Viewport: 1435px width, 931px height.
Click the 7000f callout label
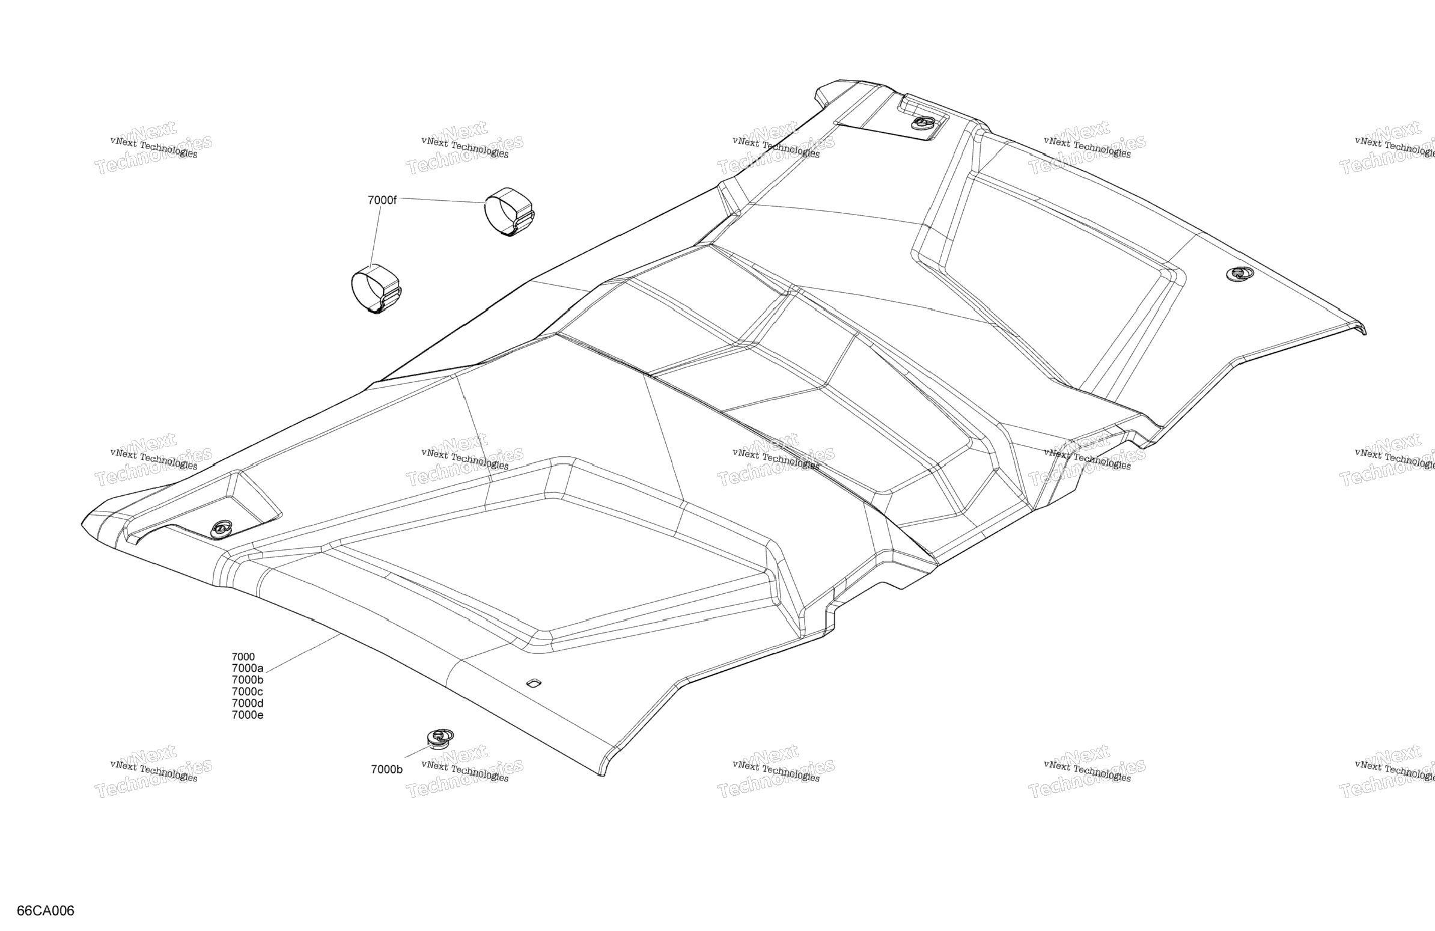tap(382, 200)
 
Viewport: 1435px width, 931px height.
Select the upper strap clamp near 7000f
tap(510, 211)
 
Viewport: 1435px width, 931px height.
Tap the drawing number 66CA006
tap(45, 911)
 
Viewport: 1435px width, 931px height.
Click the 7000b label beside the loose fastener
tap(386, 769)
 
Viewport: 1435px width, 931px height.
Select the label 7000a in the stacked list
tap(247, 668)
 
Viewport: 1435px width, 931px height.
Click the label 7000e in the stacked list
tap(247, 715)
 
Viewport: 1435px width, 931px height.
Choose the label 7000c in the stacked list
tap(247, 692)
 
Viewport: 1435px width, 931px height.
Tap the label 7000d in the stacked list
tap(247, 703)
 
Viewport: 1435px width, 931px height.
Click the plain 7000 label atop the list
tap(243, 657)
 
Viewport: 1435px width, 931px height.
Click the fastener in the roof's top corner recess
tap(922, 123)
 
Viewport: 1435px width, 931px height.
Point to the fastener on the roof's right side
tap(1240, 273)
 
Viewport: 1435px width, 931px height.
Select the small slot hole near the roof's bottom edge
tap(534, 683)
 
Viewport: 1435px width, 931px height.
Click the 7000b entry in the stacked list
tap(247, 680)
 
